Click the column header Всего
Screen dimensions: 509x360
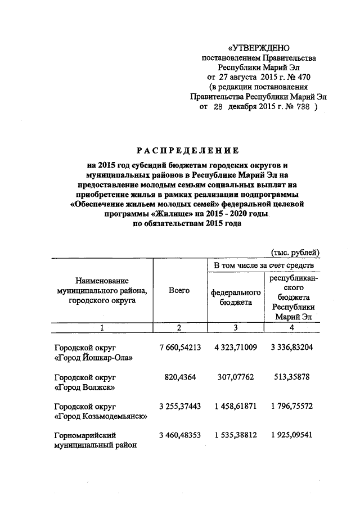[x=179, y=290]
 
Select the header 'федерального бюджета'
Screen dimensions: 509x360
[x=236, y=298]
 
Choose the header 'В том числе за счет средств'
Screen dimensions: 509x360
[x=260, y=265]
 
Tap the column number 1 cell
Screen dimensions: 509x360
[x=102, y=328]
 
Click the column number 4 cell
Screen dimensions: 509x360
[x=291, y=328]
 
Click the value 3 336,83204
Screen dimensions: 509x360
[x=291, y=347]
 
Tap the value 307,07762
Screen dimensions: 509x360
[x=236, y=377]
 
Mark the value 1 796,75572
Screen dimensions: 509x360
[x=291, y=406]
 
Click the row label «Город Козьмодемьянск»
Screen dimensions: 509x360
[x=101, y=416]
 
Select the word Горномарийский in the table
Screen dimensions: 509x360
[x=81, y=436]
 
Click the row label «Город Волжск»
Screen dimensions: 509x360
[x=85, y=387]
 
